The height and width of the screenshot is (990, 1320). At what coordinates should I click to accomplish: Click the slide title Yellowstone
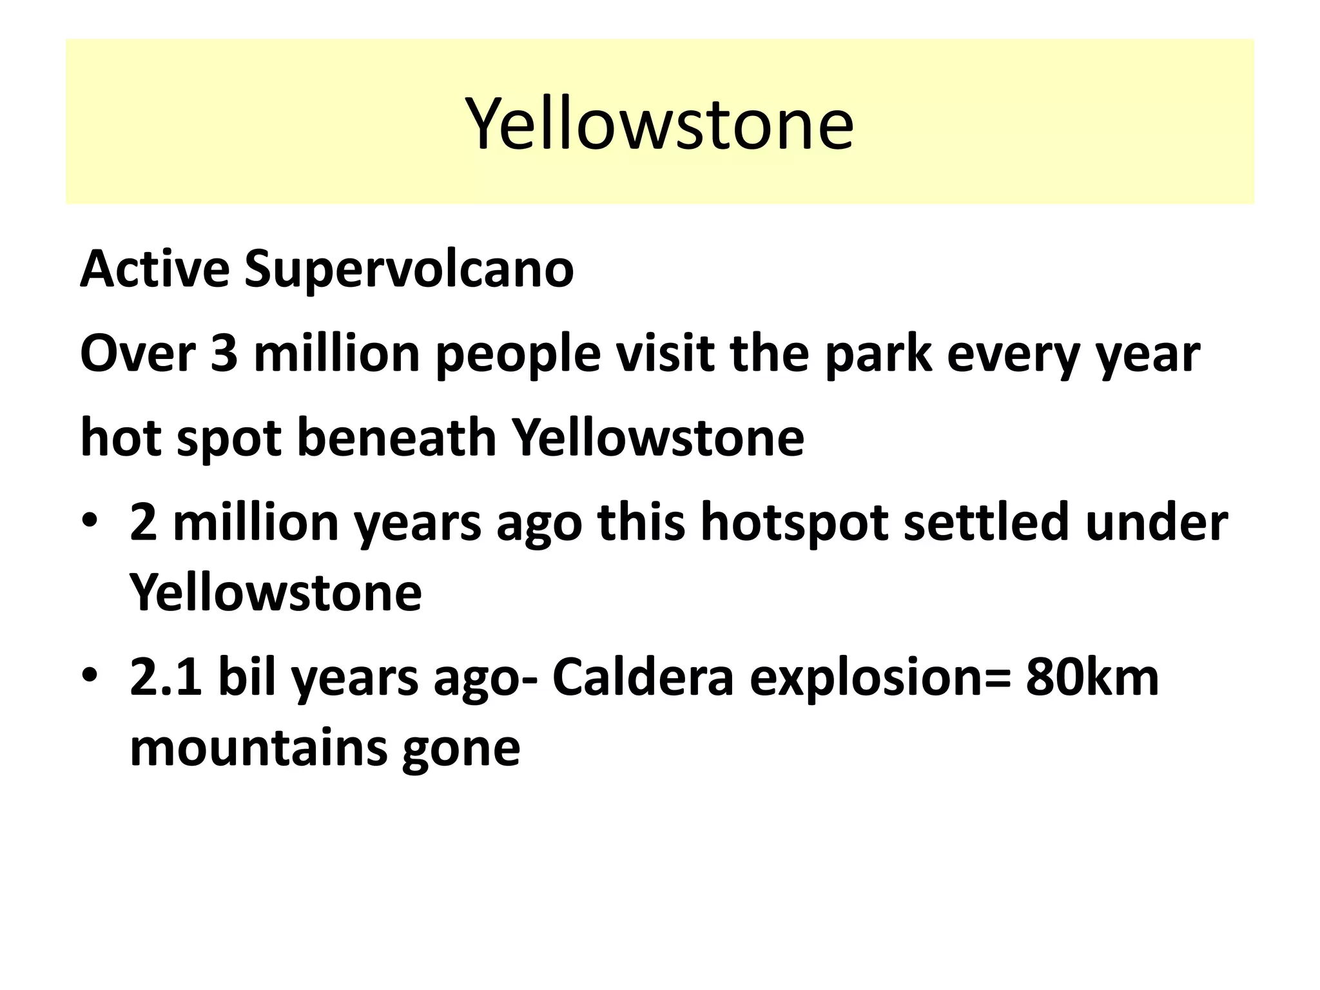coord(659,123)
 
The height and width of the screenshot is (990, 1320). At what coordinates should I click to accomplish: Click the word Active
coord(155,269)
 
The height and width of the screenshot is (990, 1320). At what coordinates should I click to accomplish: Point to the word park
coord(878,355)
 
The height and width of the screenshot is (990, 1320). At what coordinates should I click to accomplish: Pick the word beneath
coord(396,438)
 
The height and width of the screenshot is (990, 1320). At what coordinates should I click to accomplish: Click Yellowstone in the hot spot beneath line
coord(657,438)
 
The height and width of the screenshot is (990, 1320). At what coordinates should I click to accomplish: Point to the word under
coord(1156,522)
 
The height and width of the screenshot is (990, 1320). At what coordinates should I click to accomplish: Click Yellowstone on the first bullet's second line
coord(276,593)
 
